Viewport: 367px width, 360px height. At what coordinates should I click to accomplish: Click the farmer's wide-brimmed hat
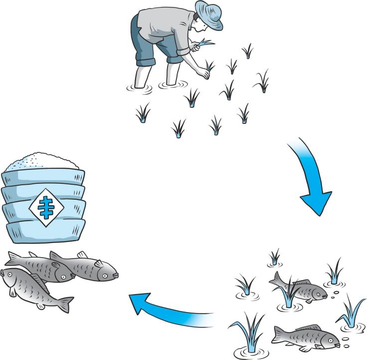coord(208,14)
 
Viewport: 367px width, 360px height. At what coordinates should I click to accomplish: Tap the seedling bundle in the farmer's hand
coord(203,43)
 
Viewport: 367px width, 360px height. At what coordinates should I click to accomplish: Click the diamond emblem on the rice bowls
coord(46,207)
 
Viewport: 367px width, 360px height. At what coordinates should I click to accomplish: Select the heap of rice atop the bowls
coord(42,161)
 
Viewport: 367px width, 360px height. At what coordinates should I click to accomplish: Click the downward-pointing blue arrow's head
coord(317,202)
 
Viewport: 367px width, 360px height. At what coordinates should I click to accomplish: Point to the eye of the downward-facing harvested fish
coord(10,275)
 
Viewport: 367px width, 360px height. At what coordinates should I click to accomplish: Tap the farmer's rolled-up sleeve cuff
coord(183,51)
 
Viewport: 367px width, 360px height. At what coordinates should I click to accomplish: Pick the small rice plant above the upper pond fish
coord(274,257)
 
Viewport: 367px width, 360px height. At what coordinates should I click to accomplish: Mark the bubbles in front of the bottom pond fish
coord(346,342)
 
